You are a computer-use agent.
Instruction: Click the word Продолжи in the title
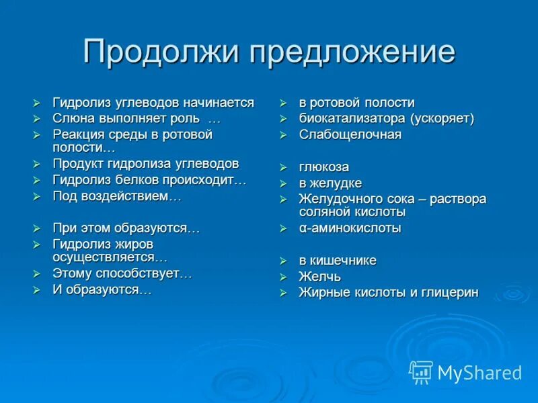point(161,52)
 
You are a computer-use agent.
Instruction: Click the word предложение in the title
point(353,52)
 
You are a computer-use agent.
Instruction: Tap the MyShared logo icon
point(421,372)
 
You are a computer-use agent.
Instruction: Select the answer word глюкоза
point(323,167)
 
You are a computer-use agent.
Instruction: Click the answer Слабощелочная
point(350,134)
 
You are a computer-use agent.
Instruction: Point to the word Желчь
point(319,277)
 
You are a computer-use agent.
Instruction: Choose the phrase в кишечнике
point(338,261)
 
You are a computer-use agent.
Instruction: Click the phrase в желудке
point(330,183)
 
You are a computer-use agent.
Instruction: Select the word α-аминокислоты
point(350,228)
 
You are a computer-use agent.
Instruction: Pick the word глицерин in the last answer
point(451,293)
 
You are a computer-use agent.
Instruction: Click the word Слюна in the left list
point(70,119)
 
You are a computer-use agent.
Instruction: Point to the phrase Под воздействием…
point(117,196)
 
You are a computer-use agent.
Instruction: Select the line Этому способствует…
point(122,273)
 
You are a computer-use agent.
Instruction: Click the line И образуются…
point(102,289)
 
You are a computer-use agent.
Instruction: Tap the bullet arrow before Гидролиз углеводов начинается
point(38,103)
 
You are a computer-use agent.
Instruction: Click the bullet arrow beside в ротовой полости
point(284,103)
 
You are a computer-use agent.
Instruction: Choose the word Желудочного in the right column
point(339,199)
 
